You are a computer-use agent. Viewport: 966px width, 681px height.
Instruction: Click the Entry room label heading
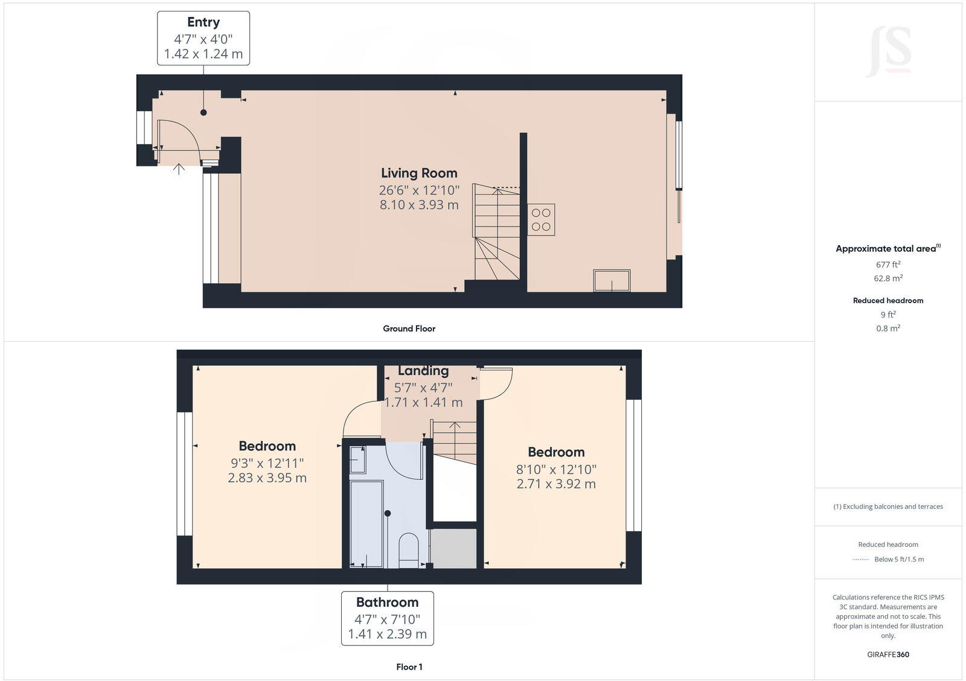point(203,22)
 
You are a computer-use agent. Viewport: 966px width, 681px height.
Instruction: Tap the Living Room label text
point(419,173)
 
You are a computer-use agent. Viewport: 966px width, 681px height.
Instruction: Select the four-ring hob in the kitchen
point(541,220)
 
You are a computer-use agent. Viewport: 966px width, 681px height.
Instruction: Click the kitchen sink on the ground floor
point(612,281)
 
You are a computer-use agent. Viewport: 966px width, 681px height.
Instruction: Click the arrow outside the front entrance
point(179,169)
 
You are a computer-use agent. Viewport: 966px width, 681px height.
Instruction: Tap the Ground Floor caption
point(409,328)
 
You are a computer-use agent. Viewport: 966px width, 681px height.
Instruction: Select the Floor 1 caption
point(409,667)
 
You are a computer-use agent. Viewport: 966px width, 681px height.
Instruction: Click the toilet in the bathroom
point(409,549)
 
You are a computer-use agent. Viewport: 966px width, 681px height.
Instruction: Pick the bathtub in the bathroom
point(366,523)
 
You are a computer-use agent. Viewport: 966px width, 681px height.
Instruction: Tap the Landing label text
point(423,371)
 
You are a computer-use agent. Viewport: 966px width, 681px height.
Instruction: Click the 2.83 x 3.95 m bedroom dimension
point(267,478)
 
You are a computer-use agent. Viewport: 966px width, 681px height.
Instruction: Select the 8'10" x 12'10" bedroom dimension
point(556,469)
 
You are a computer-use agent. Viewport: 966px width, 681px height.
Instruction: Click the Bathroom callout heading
point(387,602)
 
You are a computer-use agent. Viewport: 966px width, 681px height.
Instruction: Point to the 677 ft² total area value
point(888,264)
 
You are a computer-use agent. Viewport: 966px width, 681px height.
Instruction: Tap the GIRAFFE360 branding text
point(888,654)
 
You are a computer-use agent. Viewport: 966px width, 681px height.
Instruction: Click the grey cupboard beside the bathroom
point(454,548)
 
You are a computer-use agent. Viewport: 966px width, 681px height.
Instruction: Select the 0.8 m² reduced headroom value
point(888,328)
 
